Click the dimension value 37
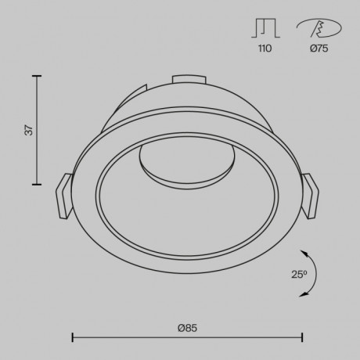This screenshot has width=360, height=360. (x=29, y=131)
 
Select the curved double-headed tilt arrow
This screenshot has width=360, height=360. (x=308, y=272)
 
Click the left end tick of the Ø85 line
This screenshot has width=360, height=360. (x=73, y=337)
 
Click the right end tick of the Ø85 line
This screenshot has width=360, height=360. (x=302, y=337)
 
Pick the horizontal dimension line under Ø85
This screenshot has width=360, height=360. (x=187, y=337)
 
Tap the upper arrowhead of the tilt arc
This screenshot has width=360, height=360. (x=302, y=252)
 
